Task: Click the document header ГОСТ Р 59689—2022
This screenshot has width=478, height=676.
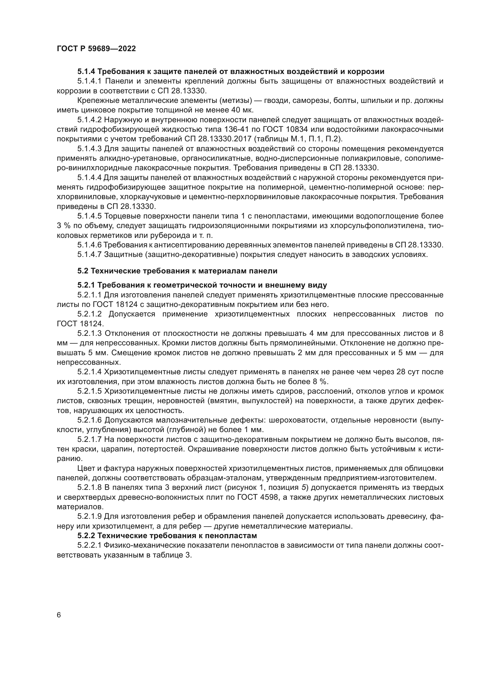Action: point(96,49)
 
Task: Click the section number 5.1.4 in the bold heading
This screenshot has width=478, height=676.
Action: point(86,72)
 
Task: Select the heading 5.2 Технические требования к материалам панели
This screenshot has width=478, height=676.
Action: point(177,271)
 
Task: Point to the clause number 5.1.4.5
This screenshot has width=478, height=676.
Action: point(90,216)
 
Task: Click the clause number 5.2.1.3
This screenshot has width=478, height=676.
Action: point(90,333)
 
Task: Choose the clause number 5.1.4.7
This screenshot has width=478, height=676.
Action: point(90,254)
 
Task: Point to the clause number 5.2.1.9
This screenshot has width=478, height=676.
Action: point(90,516)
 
